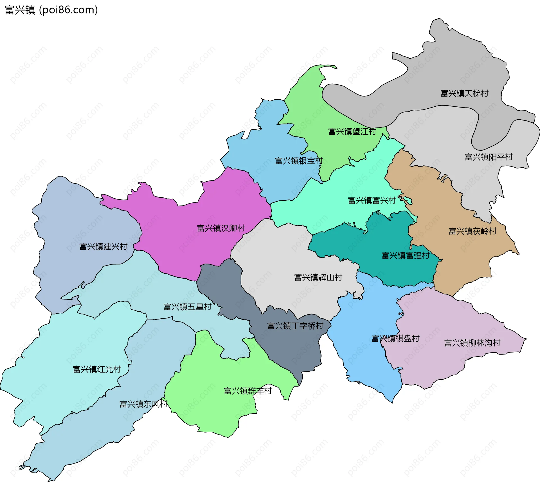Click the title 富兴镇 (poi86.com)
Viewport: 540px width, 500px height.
51,10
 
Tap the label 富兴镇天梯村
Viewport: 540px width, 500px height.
464,93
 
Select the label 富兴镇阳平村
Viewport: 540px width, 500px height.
489,157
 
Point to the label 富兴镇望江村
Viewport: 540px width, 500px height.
352,131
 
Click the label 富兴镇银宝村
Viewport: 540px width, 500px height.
299,161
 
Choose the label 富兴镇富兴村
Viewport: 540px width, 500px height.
372,200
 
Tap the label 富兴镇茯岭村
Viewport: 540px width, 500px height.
472,231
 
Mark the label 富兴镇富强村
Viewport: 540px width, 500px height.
405,255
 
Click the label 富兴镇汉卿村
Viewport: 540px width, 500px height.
221,228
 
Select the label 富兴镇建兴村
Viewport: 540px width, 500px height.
103,246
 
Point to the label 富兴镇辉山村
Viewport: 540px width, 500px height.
318,277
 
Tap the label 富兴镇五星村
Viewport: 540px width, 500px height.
187,307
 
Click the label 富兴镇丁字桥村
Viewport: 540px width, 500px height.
295,326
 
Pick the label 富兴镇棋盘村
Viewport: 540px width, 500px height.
395,338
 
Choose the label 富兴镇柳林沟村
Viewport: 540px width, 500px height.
472,343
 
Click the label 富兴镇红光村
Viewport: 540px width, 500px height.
97,369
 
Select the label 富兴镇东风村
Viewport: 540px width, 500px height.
143,404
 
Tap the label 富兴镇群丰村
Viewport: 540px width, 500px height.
247,391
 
